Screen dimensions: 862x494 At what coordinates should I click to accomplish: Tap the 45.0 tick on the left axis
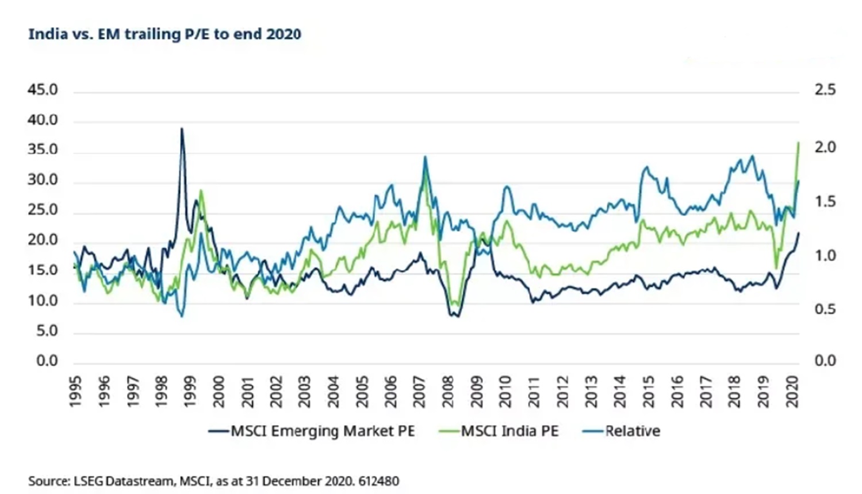point(43,90)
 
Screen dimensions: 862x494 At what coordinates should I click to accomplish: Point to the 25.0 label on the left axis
point(43,210)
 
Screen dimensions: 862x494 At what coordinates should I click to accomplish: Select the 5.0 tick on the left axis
point(47,331)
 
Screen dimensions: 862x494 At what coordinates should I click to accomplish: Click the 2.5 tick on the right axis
point(825,90)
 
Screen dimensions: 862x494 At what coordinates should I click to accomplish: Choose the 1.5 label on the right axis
point(825,202)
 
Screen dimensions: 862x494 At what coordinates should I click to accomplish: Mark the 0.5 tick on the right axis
point(825,309)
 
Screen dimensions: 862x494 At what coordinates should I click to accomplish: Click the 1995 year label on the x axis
point(75,392)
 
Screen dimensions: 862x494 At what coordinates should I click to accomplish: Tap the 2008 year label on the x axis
point(449,392)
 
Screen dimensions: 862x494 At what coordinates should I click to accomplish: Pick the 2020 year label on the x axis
point(792,392)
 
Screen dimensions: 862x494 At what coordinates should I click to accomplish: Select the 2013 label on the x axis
point(592,392)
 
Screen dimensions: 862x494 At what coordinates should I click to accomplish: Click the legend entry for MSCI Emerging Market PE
point(312,431)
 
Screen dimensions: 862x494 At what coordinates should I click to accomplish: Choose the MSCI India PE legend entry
point(499,431)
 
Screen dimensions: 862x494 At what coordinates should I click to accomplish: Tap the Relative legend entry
point(622,431)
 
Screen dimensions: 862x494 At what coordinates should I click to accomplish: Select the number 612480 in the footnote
point(378,481)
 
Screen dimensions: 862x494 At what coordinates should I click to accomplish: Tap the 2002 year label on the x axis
point(276,392)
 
